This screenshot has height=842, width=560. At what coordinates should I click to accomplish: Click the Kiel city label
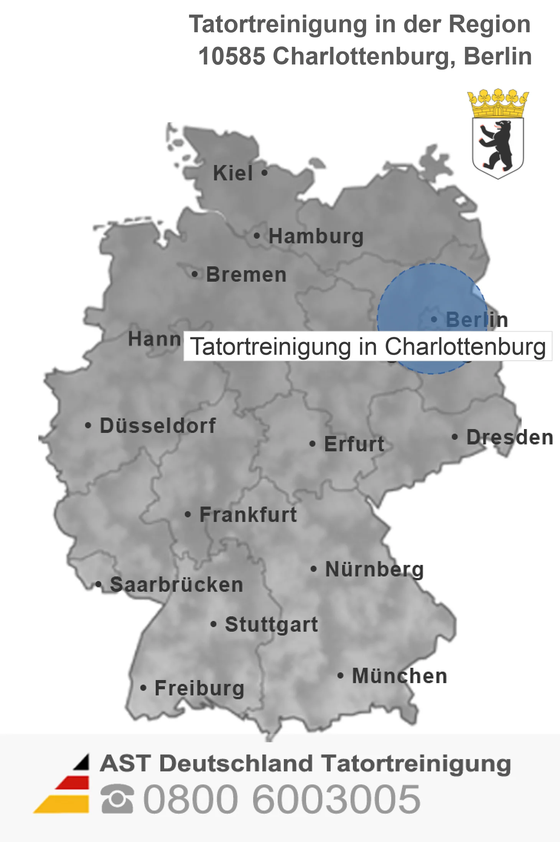pos(233,173)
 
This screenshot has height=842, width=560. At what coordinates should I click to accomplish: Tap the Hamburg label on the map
pos(316,236)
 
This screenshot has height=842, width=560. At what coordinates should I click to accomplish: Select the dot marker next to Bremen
pos(195,274)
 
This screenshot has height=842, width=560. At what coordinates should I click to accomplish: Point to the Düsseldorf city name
pos(158,426)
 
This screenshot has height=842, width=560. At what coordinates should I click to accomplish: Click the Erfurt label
pos(354,444)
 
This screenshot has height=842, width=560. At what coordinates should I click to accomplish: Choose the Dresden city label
pos(509,437)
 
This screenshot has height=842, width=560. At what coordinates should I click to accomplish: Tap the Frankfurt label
pos(248,515)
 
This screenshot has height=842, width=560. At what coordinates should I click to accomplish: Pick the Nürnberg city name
pos(374,569)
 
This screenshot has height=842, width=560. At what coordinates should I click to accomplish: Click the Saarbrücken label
pos(176,584)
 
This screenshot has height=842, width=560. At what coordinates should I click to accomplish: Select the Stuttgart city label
pos(271,624)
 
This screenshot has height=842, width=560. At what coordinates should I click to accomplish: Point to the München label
pos(399,676)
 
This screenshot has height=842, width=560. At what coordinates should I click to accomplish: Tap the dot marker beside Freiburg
pos(143,688)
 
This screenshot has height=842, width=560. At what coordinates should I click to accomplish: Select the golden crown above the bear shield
pos(498,102)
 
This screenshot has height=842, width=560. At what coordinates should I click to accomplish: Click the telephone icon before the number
pos(117,799)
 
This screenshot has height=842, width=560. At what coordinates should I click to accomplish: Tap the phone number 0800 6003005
pos(282,799)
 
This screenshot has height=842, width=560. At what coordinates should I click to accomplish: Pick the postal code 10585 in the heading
pos(232,56)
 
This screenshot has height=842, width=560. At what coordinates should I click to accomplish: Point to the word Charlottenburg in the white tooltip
pos(465,347)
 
